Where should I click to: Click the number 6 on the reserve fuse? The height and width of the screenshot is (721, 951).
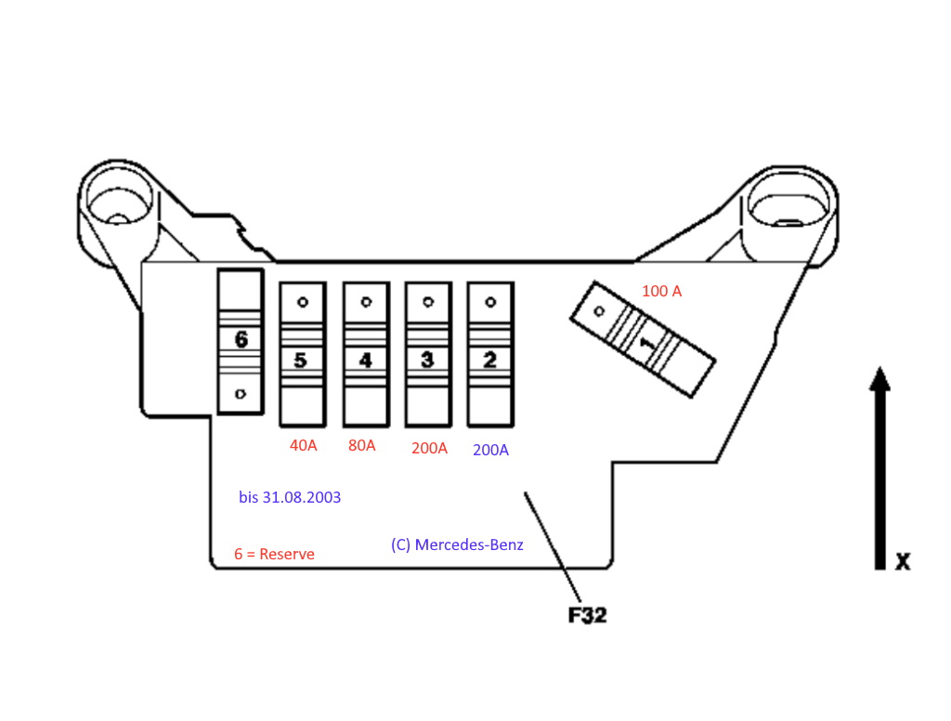241,339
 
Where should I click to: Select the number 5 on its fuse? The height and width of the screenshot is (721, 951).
301,360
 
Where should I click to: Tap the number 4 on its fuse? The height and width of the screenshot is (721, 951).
365,360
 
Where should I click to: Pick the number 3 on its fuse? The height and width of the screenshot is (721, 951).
427,360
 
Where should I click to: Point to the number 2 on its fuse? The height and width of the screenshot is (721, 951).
489,360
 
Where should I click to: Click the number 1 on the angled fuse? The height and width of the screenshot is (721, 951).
647,343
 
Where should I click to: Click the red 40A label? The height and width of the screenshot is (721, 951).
304,445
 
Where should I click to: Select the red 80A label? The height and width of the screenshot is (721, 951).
362,445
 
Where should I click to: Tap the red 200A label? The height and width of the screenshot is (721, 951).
429,448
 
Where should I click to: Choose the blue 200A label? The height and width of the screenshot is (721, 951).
490,450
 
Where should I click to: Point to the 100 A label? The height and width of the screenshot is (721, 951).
661,291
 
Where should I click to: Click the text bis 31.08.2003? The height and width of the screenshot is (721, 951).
290,498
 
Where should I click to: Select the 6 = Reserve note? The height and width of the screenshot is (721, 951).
274,554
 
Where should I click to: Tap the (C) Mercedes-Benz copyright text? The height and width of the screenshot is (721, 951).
457,544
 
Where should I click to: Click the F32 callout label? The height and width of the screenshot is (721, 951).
587,614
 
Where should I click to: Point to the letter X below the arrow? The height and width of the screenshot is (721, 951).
902,561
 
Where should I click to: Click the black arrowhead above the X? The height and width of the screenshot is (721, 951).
879,379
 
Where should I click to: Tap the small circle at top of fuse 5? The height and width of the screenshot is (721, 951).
302,302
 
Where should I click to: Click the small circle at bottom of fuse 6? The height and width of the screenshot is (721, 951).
241,394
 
